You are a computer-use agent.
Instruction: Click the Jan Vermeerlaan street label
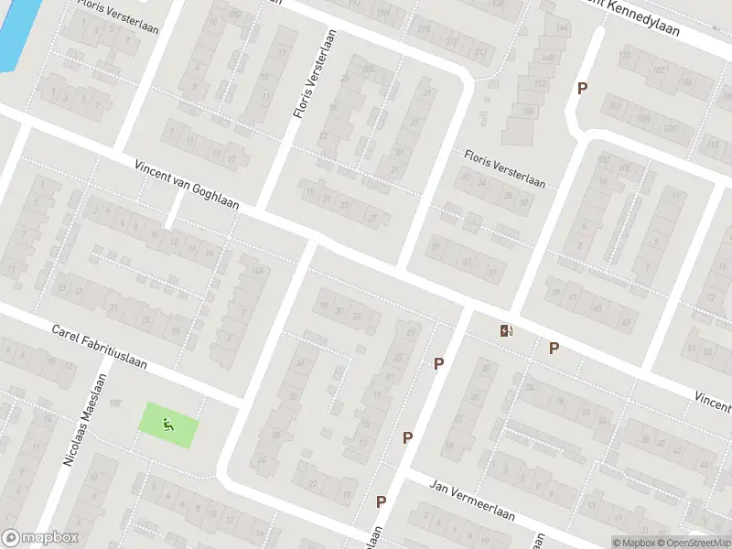[x=472, y=502]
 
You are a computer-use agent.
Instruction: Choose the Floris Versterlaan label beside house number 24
[x=504, y=169]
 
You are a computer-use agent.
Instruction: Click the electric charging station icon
[x=505, y=330]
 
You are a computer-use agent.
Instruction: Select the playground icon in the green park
[x=167, y=424]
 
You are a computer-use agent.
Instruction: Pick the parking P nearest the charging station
[x=554, y=348]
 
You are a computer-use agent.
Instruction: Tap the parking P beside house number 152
[x=581, y=88]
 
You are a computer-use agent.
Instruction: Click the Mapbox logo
[x=39, y=538]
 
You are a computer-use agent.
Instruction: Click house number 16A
[x=258, y=271]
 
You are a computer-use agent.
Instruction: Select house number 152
[x=539, y=84]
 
